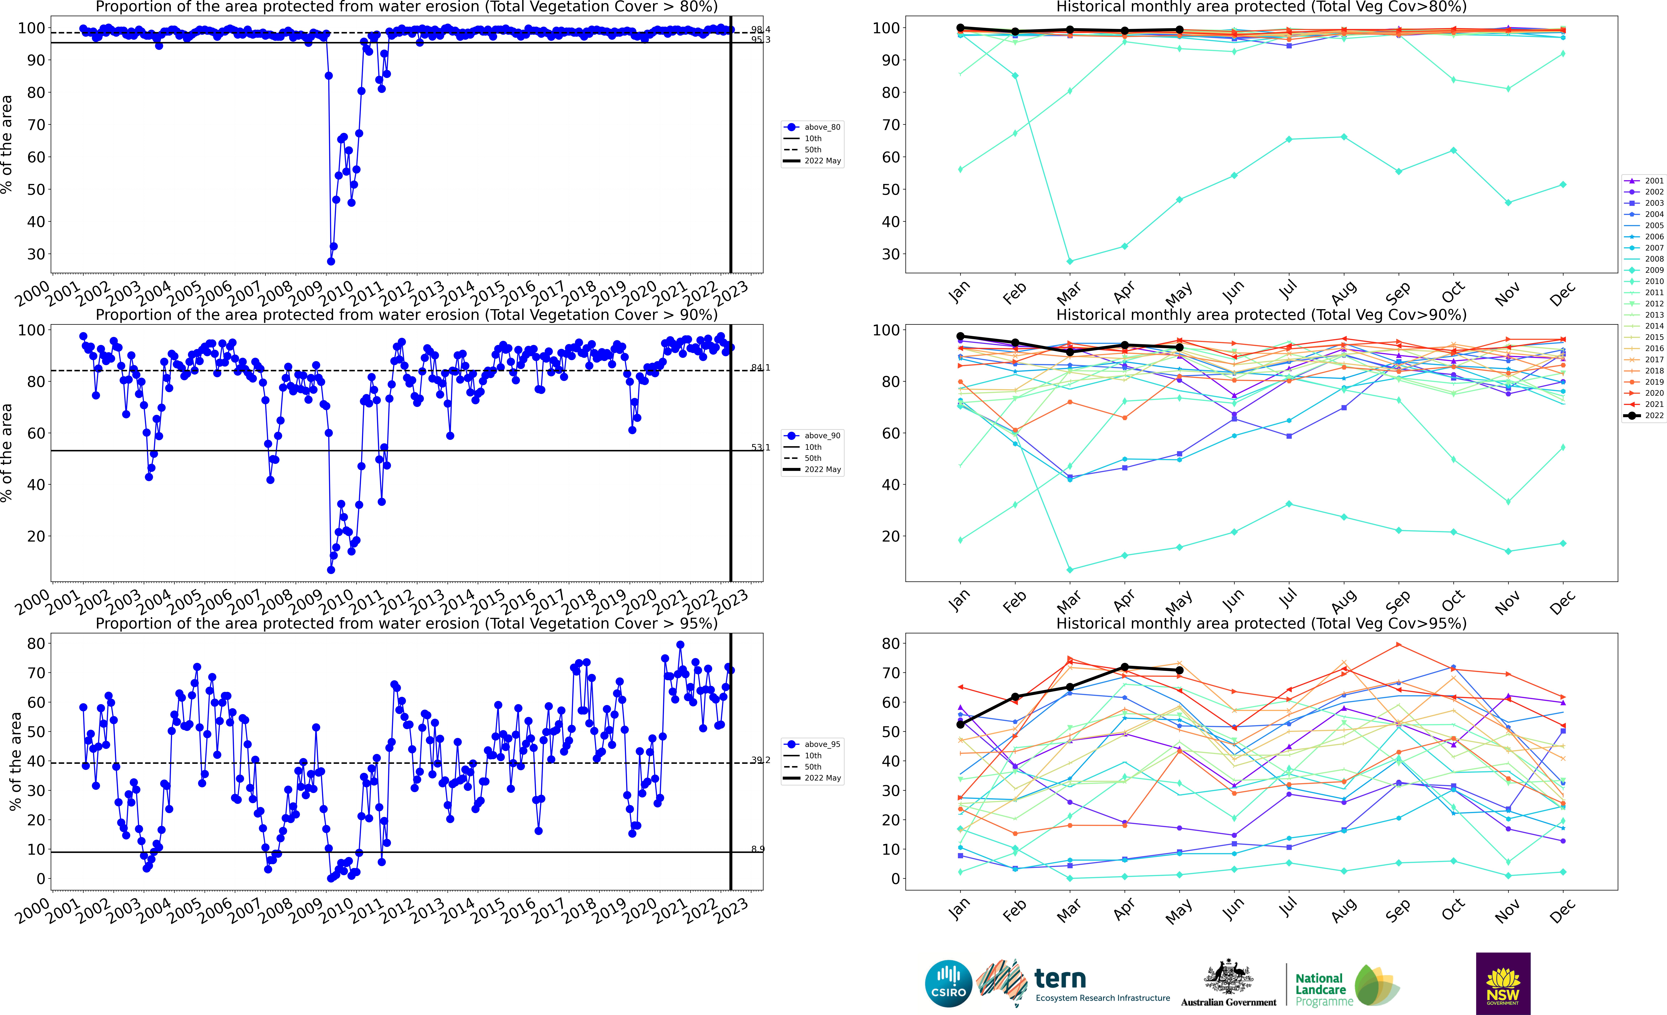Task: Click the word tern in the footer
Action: click(x=1060, y=979)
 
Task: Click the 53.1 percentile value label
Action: click(x=760, y=447)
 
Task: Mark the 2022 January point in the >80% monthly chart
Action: click(x=960, y=28)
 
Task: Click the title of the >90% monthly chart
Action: click(x=1261, y=315)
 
